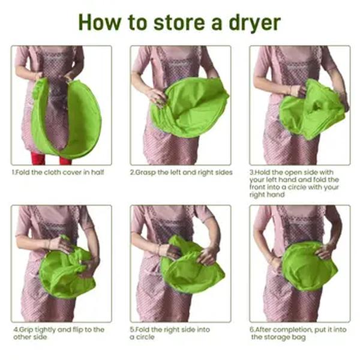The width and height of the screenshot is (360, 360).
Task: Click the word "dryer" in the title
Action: pos(254,23)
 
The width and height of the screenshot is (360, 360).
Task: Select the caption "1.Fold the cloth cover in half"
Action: pos(58,172)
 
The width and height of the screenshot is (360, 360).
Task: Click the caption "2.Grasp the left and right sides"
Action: pos(181,172)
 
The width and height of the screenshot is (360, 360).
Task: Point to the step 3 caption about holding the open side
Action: pos(294,184)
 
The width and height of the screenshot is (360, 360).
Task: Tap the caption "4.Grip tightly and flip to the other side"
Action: pos(59,333)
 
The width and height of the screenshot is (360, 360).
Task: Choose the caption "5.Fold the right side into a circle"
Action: pos(170,333)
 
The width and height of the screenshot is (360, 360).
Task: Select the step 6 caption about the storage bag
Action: pos(298,333)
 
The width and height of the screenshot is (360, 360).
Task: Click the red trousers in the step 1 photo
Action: pos(51,158)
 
